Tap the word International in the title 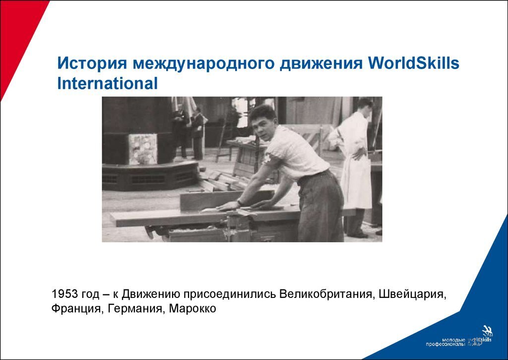108,83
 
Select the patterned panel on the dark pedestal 143,149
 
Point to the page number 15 476,342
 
